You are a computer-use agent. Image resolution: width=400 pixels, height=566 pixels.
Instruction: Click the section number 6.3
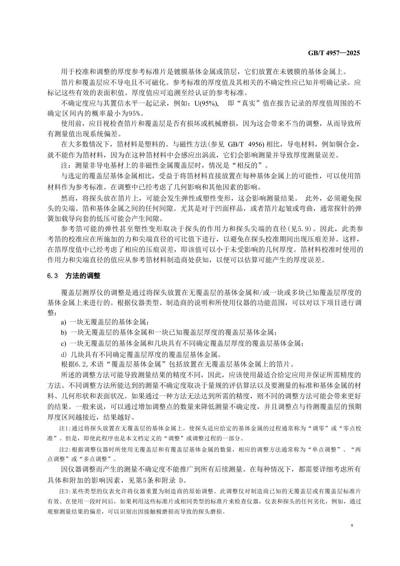[53, 276]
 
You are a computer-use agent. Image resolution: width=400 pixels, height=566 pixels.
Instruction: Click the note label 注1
[64, 429]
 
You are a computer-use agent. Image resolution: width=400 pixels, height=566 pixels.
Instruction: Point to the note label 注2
[64, 450]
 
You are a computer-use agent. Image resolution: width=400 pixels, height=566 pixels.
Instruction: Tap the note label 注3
[64, 491]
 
